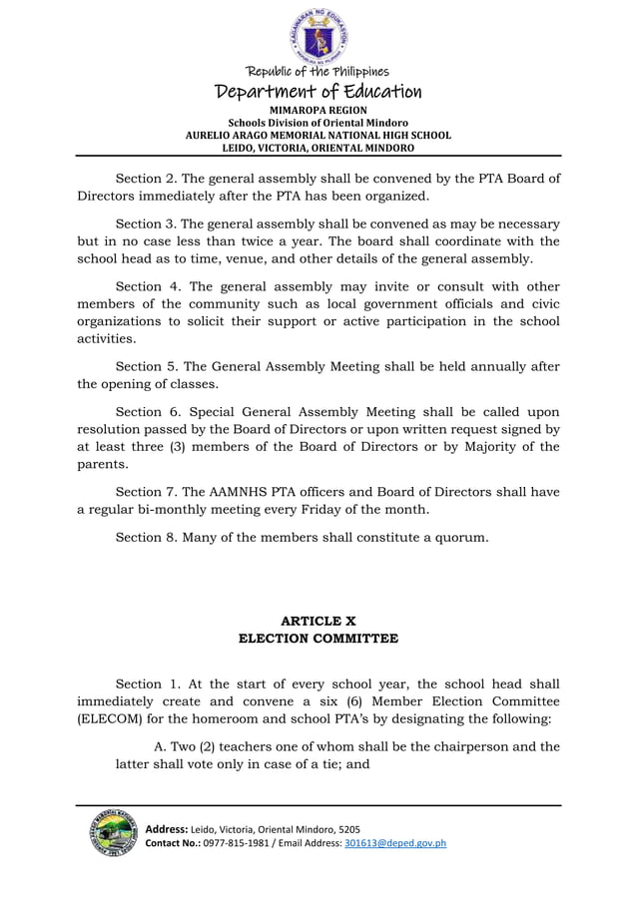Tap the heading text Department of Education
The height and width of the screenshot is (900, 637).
pos(318,92)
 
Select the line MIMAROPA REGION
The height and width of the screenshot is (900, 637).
pos(318,110)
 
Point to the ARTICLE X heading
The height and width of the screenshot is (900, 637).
pos(318,621)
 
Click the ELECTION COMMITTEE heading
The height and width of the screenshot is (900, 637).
pos(318,639)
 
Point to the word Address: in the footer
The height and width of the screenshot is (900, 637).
pos(170,829)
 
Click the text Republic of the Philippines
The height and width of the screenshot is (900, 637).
pos(318,71)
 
